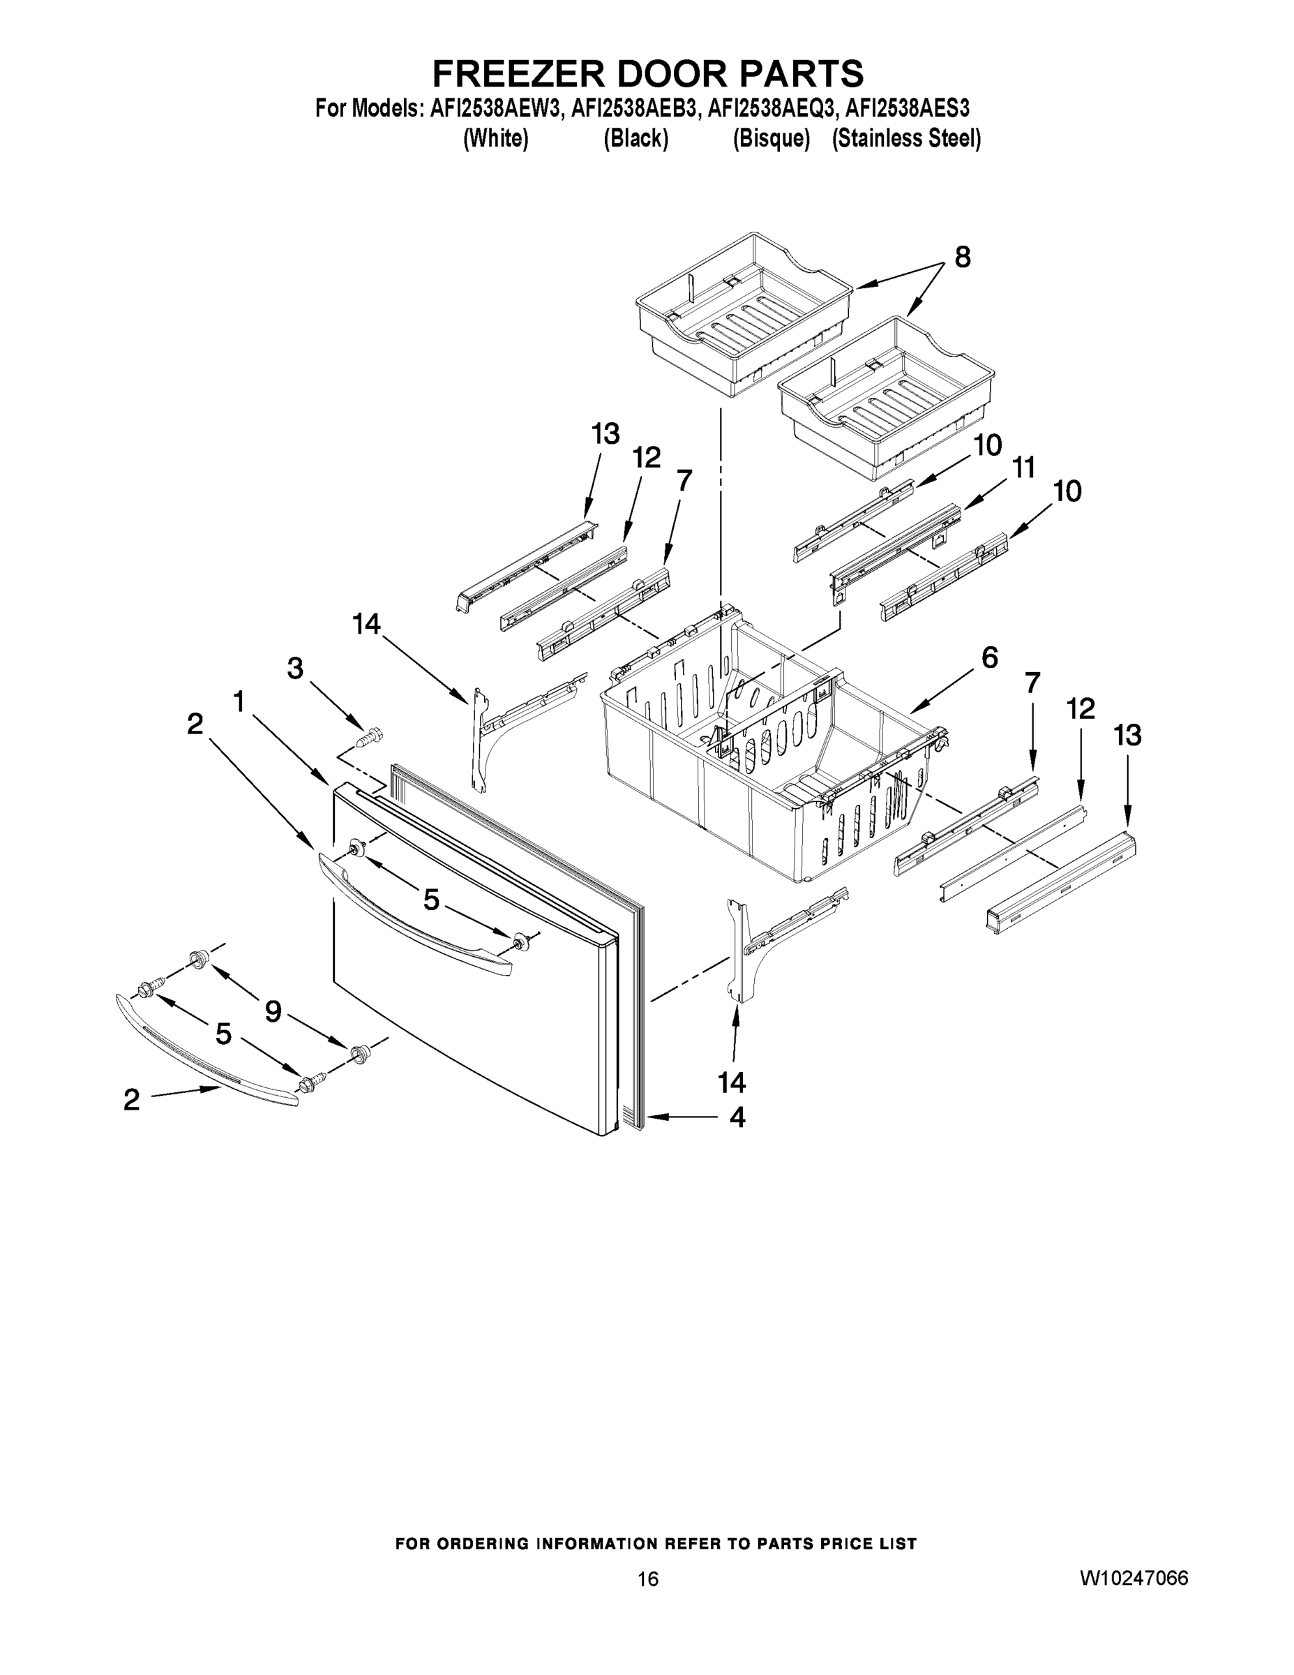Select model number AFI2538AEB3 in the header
[635, 108]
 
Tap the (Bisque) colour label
[772, 139]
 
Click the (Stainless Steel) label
[906, 139]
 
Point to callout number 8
[962, 258]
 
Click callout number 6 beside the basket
[990, 657]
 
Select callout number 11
[1023, 467]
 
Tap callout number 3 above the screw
[295, 668]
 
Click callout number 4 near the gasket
[737, 1117]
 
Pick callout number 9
[273, 1013]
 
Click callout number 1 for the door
[239, 700]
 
